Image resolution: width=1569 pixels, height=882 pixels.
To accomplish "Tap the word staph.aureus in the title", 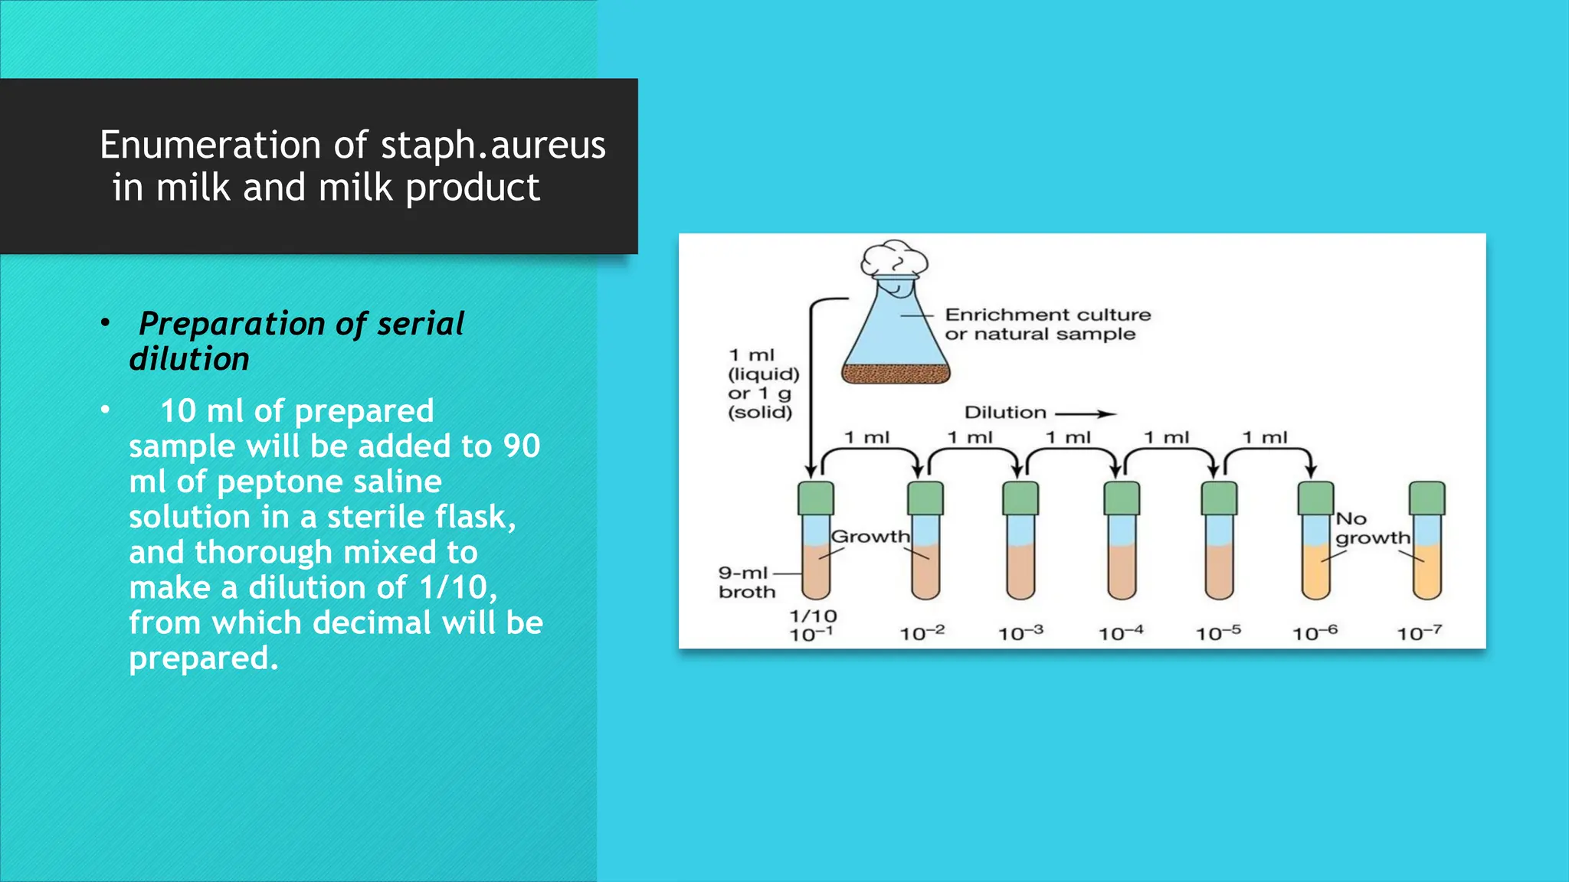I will tap(493, 146).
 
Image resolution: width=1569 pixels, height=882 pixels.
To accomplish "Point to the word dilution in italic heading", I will tap(189, 359).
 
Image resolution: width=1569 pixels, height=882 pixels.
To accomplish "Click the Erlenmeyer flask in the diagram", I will tap(896, 337).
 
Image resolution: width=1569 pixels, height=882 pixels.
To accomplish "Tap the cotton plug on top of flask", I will tap(893, 259).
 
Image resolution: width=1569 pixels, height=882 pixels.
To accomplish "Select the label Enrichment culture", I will tap(1047, 315).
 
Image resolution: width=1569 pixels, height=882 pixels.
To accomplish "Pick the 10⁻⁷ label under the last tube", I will tap(1419, 633).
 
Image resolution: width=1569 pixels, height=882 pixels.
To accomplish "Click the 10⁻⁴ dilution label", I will tap(1121, 633).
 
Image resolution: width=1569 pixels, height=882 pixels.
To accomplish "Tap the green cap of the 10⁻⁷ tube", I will tap(1427, 498).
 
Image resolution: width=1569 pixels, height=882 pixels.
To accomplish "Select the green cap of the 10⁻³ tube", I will tap(1020, 498).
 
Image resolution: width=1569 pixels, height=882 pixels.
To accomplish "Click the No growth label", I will tap(1371, 528).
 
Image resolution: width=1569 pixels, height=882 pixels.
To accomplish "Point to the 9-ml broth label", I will tap(745, 582).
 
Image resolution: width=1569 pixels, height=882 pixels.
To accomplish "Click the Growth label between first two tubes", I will tap(870, 536).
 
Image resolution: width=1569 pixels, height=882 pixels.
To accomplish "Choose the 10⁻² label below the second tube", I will tap(922, 633).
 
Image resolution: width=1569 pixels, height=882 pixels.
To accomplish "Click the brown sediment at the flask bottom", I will tap(896, 374).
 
